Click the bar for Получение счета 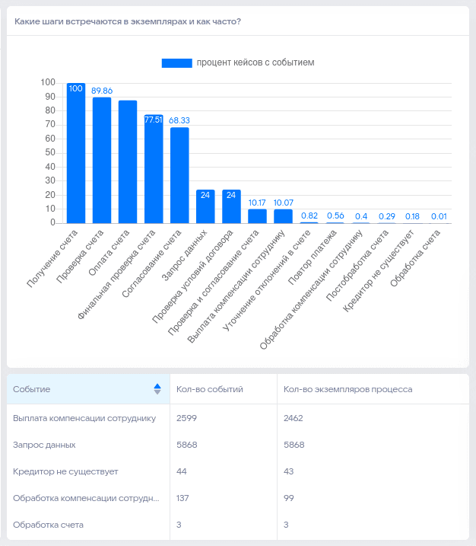pos(76,153)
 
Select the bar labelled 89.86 pos(102,160)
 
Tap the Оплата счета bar pos(128,162)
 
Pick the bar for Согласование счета pos(179,175)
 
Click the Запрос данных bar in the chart pos(205,206)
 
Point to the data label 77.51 pos(154,120)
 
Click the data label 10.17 pos(257,203)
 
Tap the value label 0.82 pos(309,216)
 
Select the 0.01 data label pos(439,216)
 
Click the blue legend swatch pos(176,63)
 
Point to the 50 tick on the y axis pos(50,152)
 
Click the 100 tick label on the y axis pos(48,82)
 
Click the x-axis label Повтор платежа pos(313,257)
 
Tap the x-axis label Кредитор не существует pos(379,271)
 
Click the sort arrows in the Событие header pos(157,389)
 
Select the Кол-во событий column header pos(210,389)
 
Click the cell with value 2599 pos(186,418)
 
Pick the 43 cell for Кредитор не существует pos(289,471)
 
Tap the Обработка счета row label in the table pos(48,525)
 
